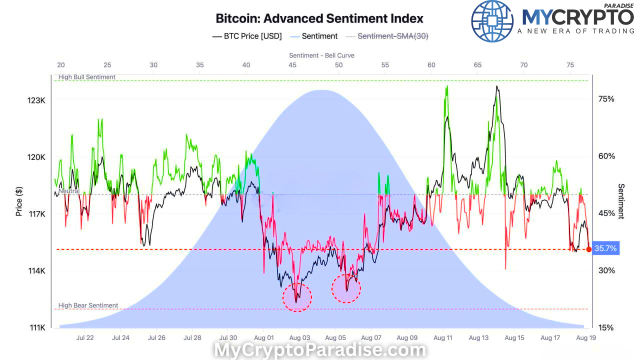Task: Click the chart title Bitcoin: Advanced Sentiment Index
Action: [319, 19]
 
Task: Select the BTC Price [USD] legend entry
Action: [247, 36]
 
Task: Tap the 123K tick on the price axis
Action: [36, 100]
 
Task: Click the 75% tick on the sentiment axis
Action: [606, 98]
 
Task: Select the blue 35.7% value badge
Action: [605, 248]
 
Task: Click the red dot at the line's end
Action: [588, 249]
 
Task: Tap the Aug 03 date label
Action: [299, 337]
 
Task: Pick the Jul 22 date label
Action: [85, 337]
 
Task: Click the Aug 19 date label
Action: [585, 337]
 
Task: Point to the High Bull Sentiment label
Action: [87, 77]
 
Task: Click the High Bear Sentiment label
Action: [88, 305]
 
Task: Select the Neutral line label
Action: [68, 191]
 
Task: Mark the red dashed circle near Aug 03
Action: [297, 297]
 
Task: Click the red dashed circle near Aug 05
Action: [346, 288]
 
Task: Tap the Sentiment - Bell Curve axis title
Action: [321, 55]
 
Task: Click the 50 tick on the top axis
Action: [339, 65]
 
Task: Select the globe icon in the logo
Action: [492, 21]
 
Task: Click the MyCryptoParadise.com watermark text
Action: [320, 350]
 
